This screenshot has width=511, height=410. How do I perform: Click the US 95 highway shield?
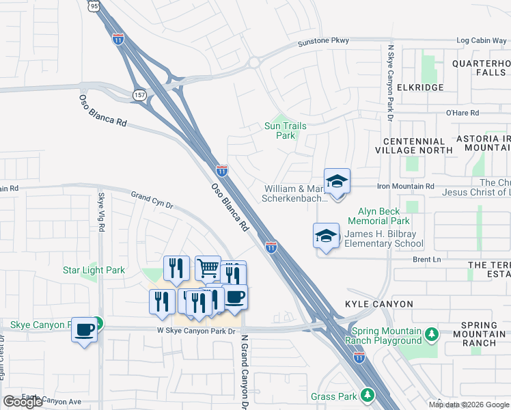94,5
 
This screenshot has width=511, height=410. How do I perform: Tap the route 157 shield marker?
139,94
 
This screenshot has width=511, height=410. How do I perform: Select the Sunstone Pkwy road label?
323,43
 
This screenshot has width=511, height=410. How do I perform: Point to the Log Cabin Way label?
481,41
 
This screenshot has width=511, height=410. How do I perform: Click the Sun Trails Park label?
285,131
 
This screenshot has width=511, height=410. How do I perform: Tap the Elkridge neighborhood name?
419,87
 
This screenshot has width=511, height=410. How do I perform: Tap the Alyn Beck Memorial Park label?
378,216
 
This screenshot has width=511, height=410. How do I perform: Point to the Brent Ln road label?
426,260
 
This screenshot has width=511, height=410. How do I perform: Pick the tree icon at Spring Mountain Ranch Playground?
431,335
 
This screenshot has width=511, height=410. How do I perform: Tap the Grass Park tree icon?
367,396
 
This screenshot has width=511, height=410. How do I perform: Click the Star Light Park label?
94,270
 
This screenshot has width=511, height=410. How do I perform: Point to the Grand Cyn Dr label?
152,200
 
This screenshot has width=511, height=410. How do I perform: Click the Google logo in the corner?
23,402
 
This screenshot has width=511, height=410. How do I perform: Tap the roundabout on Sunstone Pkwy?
254,63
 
